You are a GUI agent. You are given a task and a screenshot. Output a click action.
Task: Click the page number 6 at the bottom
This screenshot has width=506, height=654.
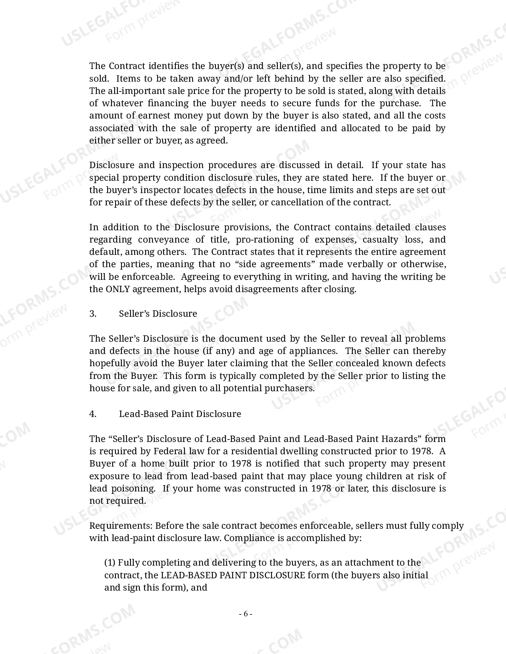click(x=246, y=614)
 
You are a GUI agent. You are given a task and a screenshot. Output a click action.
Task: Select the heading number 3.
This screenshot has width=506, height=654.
click(x=93, y=314)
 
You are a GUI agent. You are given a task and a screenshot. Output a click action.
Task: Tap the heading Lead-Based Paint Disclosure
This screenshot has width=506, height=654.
click(x=180, y=414)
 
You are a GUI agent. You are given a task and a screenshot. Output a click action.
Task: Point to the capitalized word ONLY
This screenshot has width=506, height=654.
click(x=117, y=289)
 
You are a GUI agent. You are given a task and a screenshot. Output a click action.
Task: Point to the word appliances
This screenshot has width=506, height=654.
click(x=313, y=351)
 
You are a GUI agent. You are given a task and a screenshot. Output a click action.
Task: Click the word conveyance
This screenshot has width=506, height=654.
click(x=163, y=239)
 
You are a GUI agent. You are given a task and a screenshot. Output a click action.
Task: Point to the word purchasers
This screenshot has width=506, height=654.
click(x=289, y=388)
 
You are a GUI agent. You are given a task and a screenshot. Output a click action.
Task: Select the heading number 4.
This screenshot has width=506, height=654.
click(x=93, y=414)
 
